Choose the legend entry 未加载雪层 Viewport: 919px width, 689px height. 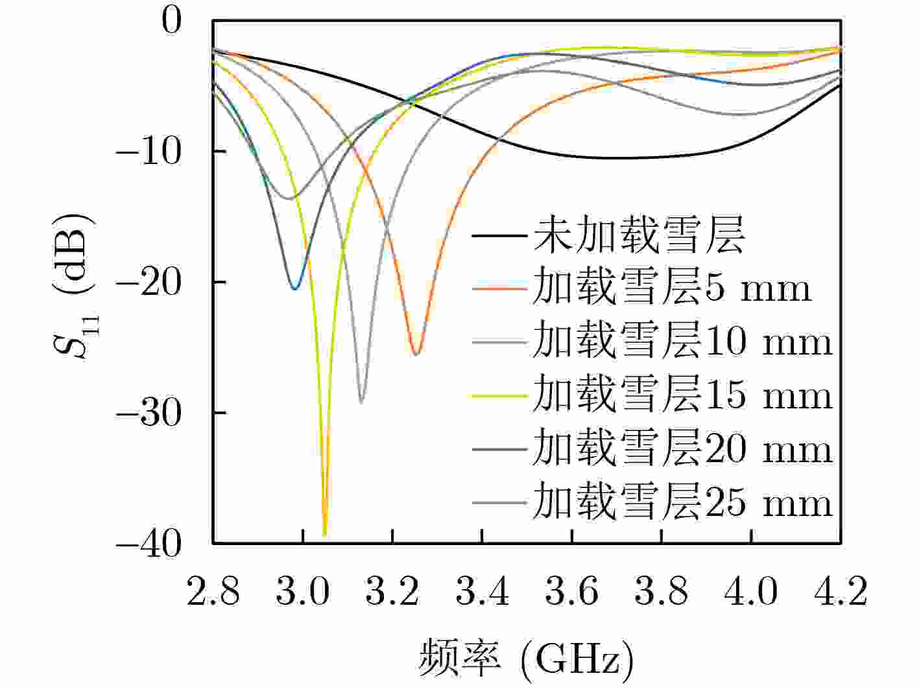tap(639, 235)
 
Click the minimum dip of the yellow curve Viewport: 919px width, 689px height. tap(325, 534)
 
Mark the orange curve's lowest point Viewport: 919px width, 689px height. tap(417, 353)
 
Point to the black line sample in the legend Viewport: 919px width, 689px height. tap(498, 235)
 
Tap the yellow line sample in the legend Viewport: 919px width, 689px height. tap(498, 395)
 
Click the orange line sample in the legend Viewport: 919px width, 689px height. tap(498, 287)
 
